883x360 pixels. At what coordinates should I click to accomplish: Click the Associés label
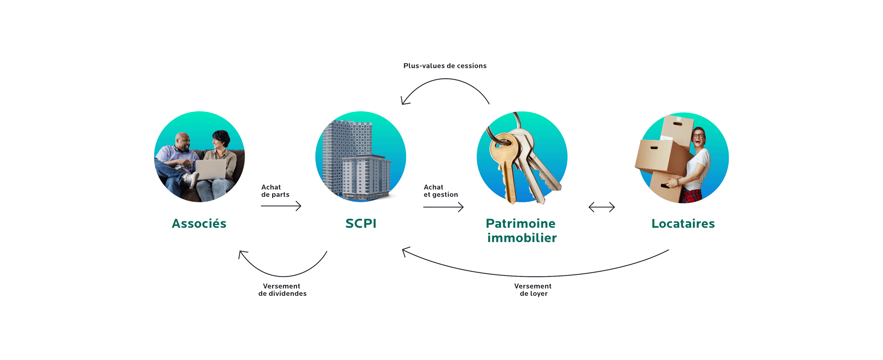point(199,224)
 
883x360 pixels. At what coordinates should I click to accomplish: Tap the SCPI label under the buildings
point(359,224)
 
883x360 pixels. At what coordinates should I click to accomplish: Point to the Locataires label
point(684,224)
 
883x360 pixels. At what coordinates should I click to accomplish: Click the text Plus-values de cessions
point(445,66)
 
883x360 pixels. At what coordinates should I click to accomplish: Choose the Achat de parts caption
point(275,191)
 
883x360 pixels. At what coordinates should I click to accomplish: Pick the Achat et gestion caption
point(440,191)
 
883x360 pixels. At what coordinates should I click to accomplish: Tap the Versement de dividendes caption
point(282,290)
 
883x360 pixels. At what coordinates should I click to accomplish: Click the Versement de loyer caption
point(533,290)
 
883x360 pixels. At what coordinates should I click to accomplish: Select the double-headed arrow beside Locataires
point(601,207)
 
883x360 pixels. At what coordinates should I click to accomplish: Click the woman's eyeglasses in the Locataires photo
point(698,136)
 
